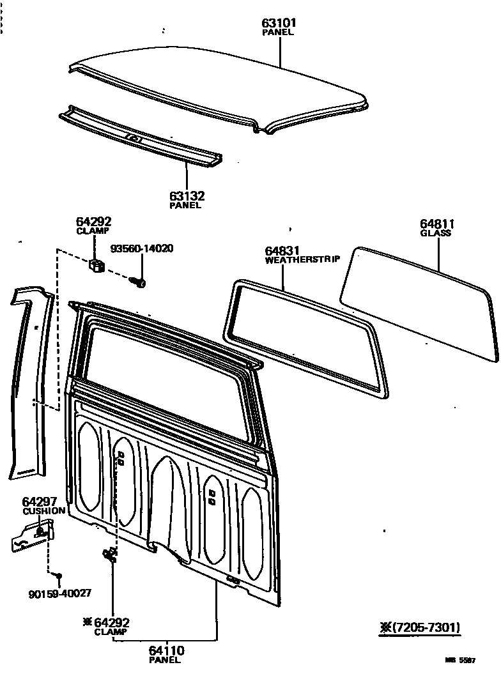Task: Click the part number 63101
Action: pyautogui.click(x=279, y=23)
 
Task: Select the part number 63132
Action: pyautogui.click(x=186, y=195)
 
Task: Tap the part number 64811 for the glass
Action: pyautogui.click(x=437, y=224)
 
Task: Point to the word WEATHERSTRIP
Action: pyautogui.click(x=302, y=260)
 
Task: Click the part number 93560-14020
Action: pyautogui.click(x=142, y=249)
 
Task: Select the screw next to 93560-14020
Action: pyautogui.click(x=138, y=280)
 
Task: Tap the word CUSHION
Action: pyautogui.click(x=44, y=511)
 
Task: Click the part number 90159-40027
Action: pyautogui.click(x=60, y=593)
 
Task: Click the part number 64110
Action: pyautogui.click(x=167, y=650)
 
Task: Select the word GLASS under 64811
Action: pyautogui.click(x=436, y=233)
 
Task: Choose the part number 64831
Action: pyautogui.click(x=282, y=251)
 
